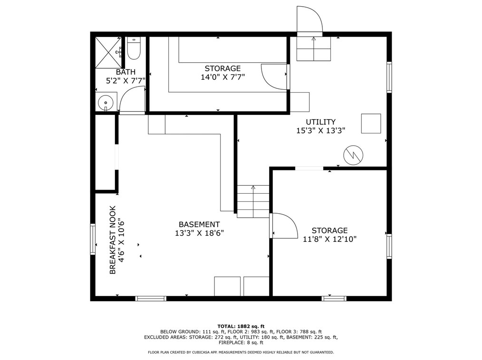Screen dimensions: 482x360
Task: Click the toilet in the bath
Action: click(x=134, y=48)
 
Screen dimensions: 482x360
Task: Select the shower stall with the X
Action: click(x=108, y=53)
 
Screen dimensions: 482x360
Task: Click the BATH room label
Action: click(x=125, y=72)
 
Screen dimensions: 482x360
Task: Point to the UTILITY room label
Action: click(x=320, y=122)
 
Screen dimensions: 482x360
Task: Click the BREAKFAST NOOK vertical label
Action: click(x=113, y=240)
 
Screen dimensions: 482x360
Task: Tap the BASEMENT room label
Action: click(x=199, y=224)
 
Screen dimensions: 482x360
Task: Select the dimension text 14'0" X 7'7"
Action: click(x=222, y=77)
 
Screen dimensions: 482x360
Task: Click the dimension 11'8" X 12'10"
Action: click(x=329, y=239)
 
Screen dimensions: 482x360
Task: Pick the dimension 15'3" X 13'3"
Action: click(x=320, y=130)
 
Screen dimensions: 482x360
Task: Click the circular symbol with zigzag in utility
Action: click(x=353, y=155)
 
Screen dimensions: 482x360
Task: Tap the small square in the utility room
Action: click(x=371, y=123)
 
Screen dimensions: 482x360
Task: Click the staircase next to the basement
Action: click(x=253, y=201)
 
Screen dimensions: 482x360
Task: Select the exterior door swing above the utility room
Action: click(x=309, y=19)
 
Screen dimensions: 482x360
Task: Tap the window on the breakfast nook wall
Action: click(x=93, y=239)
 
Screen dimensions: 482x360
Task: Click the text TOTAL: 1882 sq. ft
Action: click(x=241, y=326)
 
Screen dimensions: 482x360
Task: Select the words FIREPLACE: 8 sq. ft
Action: click(x=241, y=342)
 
